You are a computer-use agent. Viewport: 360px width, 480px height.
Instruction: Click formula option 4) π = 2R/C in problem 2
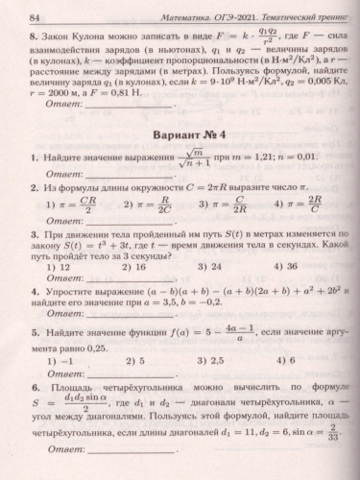pyautogui.click(x=293, y=206)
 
